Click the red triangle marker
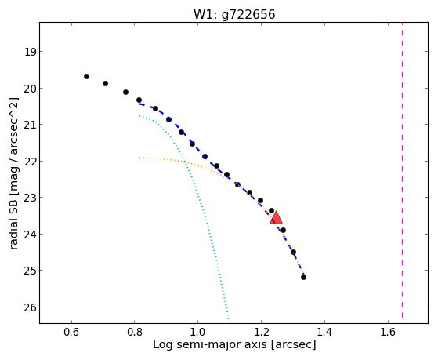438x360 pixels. (276, 217)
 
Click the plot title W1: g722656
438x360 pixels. (234, 14)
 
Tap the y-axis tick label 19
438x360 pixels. (30, 52)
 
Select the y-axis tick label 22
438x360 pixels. (30, 162)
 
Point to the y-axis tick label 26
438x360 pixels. (30, 307)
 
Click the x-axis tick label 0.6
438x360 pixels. (71, 332)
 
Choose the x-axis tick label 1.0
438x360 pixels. (197, 332)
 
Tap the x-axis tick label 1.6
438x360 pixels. (388, 332)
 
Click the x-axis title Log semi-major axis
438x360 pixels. (210, 345)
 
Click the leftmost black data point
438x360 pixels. (87, 76)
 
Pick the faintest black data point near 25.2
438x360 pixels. (304, 277)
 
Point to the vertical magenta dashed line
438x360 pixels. (402, 170)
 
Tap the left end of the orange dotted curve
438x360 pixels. (139, 158)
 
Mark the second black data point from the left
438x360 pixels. (105, 83)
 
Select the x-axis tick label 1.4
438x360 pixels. (324, 332)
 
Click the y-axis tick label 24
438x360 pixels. (30, 235)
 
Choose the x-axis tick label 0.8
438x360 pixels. (134, 332)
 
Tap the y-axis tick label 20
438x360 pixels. (30, 89)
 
